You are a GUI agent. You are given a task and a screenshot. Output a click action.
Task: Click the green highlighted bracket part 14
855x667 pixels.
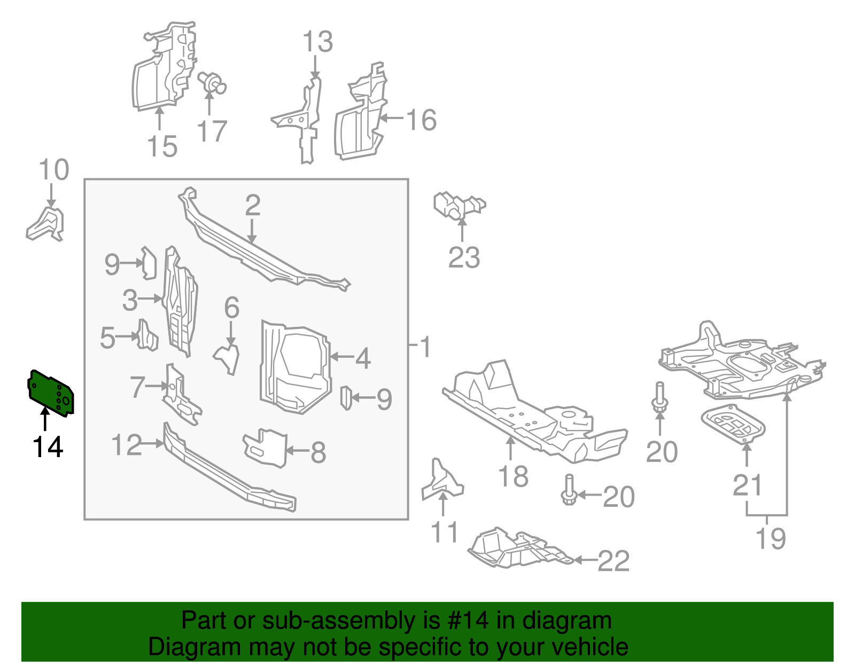point(51,393)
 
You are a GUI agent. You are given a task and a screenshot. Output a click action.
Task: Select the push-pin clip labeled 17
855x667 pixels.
point(212,83)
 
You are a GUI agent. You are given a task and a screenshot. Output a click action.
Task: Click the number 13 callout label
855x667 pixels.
point(317,42)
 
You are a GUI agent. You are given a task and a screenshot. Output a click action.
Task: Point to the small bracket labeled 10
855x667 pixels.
point(46,225)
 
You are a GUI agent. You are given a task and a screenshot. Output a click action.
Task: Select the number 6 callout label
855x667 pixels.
point(231,308)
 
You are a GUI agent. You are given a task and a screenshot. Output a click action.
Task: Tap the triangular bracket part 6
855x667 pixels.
point(228,358)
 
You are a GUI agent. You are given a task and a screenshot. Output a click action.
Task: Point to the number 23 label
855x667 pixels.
point(463,258)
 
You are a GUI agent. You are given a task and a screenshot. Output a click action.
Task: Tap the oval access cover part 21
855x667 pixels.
point(733,424)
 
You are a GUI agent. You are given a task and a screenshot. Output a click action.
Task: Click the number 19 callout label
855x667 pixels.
point(771,538)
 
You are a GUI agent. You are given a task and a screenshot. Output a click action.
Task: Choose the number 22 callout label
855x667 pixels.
point(613,561)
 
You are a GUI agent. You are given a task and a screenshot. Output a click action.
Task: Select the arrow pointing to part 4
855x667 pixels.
point(341,356)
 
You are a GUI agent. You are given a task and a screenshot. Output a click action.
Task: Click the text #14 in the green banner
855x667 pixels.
point(465,621)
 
